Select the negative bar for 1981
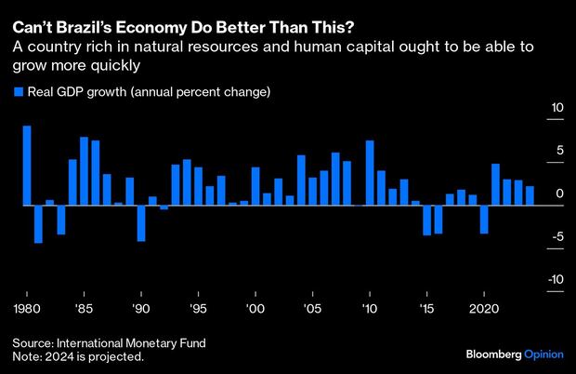pyautogui.click(x=38, y=224)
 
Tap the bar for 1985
pyautogui.click(x=84, y=171)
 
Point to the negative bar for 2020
pyautogui.click(x=484, y=220)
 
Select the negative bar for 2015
pyautogui.click(x=426, y=220)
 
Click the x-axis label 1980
pyautogui.click(x=27, y=307)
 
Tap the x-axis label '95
pyautogui.click(x=198, y=307)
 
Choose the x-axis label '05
pyautogui.click(x=312, y=307)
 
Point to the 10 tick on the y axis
pyautogui.click(x=557, y=108)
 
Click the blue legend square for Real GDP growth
pyautogui.click(x=18, y=91)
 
